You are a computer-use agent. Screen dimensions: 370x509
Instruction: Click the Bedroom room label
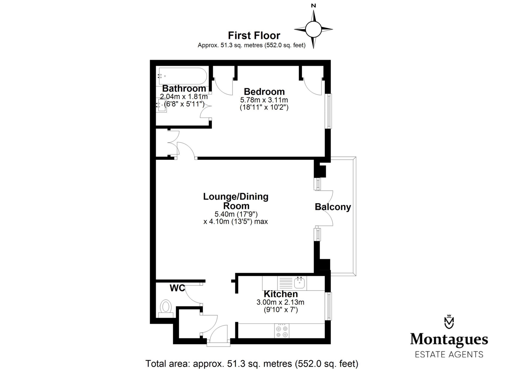pyautogui.click(x=264, y=91)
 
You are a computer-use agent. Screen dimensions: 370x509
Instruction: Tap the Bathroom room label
pyautogui.click(x=184, y=88)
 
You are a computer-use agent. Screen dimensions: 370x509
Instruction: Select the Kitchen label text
pyautogui.click(x=281, y=294)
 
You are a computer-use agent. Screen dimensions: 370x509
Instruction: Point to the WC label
pyautogui.click(x=177, y=288)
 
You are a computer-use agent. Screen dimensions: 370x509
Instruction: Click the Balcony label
pyautogui.click(x=333, y=207)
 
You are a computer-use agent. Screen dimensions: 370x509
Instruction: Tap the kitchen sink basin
pyautogui.click(x=299, y=283)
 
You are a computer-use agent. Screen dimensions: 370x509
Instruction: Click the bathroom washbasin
pyautogui.click(x=161, y=105)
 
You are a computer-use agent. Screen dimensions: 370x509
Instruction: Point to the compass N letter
pyautogui.click(x=313, y=6)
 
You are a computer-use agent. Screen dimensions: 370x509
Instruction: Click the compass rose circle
pyautogui.click(x=313, y=29)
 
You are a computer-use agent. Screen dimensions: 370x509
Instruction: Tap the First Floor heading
pyautogui.click(x=254, y=36)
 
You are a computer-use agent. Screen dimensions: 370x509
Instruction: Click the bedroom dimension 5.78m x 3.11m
pyautogui.click(x=264, y=100)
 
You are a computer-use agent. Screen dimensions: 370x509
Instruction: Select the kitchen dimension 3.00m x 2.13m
pyautogui.click(x=280, y=302)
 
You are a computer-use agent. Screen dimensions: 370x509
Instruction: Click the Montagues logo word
pyautogui.click(x=449, y=340)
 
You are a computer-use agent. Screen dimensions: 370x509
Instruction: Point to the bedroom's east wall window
pyautogui.click(x=328, y=111)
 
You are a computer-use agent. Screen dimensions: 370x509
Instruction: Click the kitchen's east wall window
pyautogui.click(x=328, y=306)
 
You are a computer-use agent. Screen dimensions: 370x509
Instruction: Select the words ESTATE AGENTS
pyautogui.click(x=449, y=354)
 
